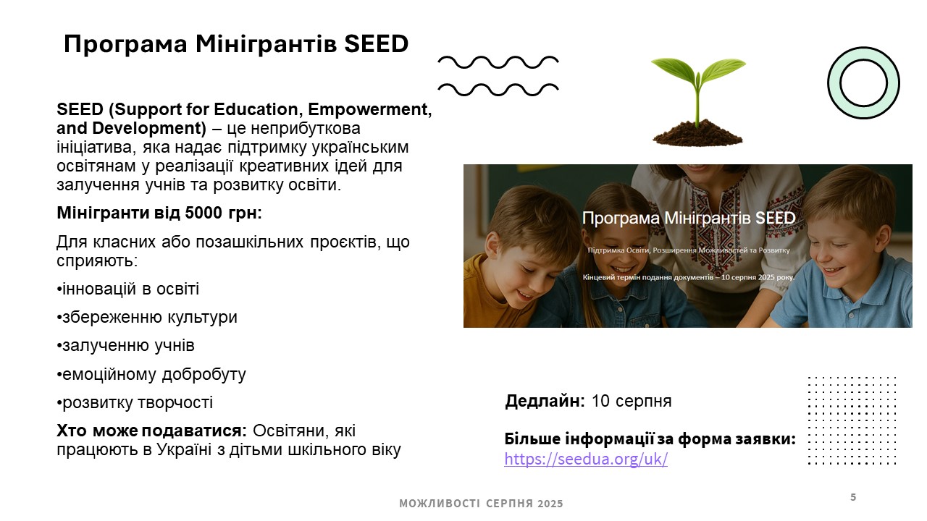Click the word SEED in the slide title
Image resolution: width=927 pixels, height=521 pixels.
[376, 44]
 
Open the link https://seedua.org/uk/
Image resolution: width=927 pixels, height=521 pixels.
[586, 459]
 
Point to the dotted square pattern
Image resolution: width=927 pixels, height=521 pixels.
[852, 420]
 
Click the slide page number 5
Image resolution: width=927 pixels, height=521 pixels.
[853, 496]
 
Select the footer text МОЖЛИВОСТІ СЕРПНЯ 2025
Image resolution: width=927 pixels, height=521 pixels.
[481, 503]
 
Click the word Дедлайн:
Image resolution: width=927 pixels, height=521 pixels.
[545, 401]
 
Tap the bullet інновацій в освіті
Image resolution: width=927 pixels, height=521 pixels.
[128, 289]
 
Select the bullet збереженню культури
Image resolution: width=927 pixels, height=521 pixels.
[147, 317]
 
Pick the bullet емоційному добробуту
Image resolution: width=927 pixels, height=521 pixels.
[151, 374]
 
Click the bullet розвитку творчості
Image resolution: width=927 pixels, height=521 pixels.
[135, 402]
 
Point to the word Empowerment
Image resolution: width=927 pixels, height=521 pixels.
[369, 109]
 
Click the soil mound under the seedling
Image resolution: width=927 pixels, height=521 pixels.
[697, 133]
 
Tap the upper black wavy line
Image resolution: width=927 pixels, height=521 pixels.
[498, 62]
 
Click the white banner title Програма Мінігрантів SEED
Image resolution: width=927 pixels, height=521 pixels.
[689, 218]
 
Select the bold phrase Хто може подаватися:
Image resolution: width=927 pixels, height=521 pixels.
[151, 431]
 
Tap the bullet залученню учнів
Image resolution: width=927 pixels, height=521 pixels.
[125, 346]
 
